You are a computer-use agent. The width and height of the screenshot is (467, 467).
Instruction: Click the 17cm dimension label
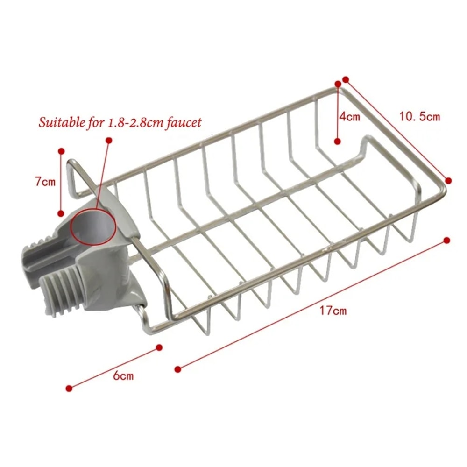tap(333, 311)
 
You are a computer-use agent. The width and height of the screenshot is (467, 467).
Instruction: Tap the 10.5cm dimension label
tap(419, 116)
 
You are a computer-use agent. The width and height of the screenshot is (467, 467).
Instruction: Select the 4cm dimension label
tap(349, 116)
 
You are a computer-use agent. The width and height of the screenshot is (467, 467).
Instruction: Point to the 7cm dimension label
tap(45, 182)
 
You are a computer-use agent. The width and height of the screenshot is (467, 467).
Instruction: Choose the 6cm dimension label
tap(123, 375)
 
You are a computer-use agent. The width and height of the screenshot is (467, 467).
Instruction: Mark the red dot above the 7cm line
tap(61, 151)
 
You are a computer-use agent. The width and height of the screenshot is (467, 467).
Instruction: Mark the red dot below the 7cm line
tap(60, 213)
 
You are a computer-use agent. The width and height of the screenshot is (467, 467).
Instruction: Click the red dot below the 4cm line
tap(337, 141)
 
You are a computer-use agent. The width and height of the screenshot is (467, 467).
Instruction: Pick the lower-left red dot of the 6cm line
tap(69, 388)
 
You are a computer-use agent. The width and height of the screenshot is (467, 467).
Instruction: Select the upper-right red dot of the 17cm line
tap(446, 240)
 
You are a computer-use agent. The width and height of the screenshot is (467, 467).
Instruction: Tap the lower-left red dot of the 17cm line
tap(177, 370)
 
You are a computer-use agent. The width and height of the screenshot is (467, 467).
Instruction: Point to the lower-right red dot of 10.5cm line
tap(448, 180)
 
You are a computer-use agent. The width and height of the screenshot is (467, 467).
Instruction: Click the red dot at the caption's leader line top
tap(109, 140)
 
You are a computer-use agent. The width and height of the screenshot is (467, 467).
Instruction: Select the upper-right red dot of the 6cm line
tap(159, 347)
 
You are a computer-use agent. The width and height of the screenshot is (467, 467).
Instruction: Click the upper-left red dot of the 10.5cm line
tap(346, 79)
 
